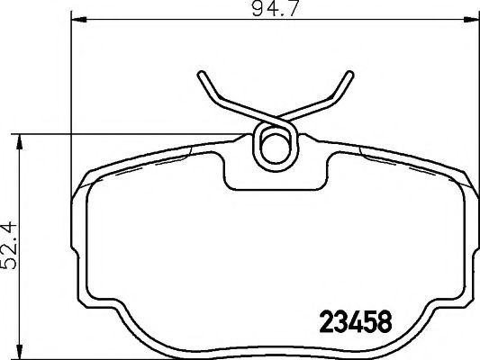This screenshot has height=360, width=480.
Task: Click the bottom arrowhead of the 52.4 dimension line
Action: pyautogui.click(x=20, y=353)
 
